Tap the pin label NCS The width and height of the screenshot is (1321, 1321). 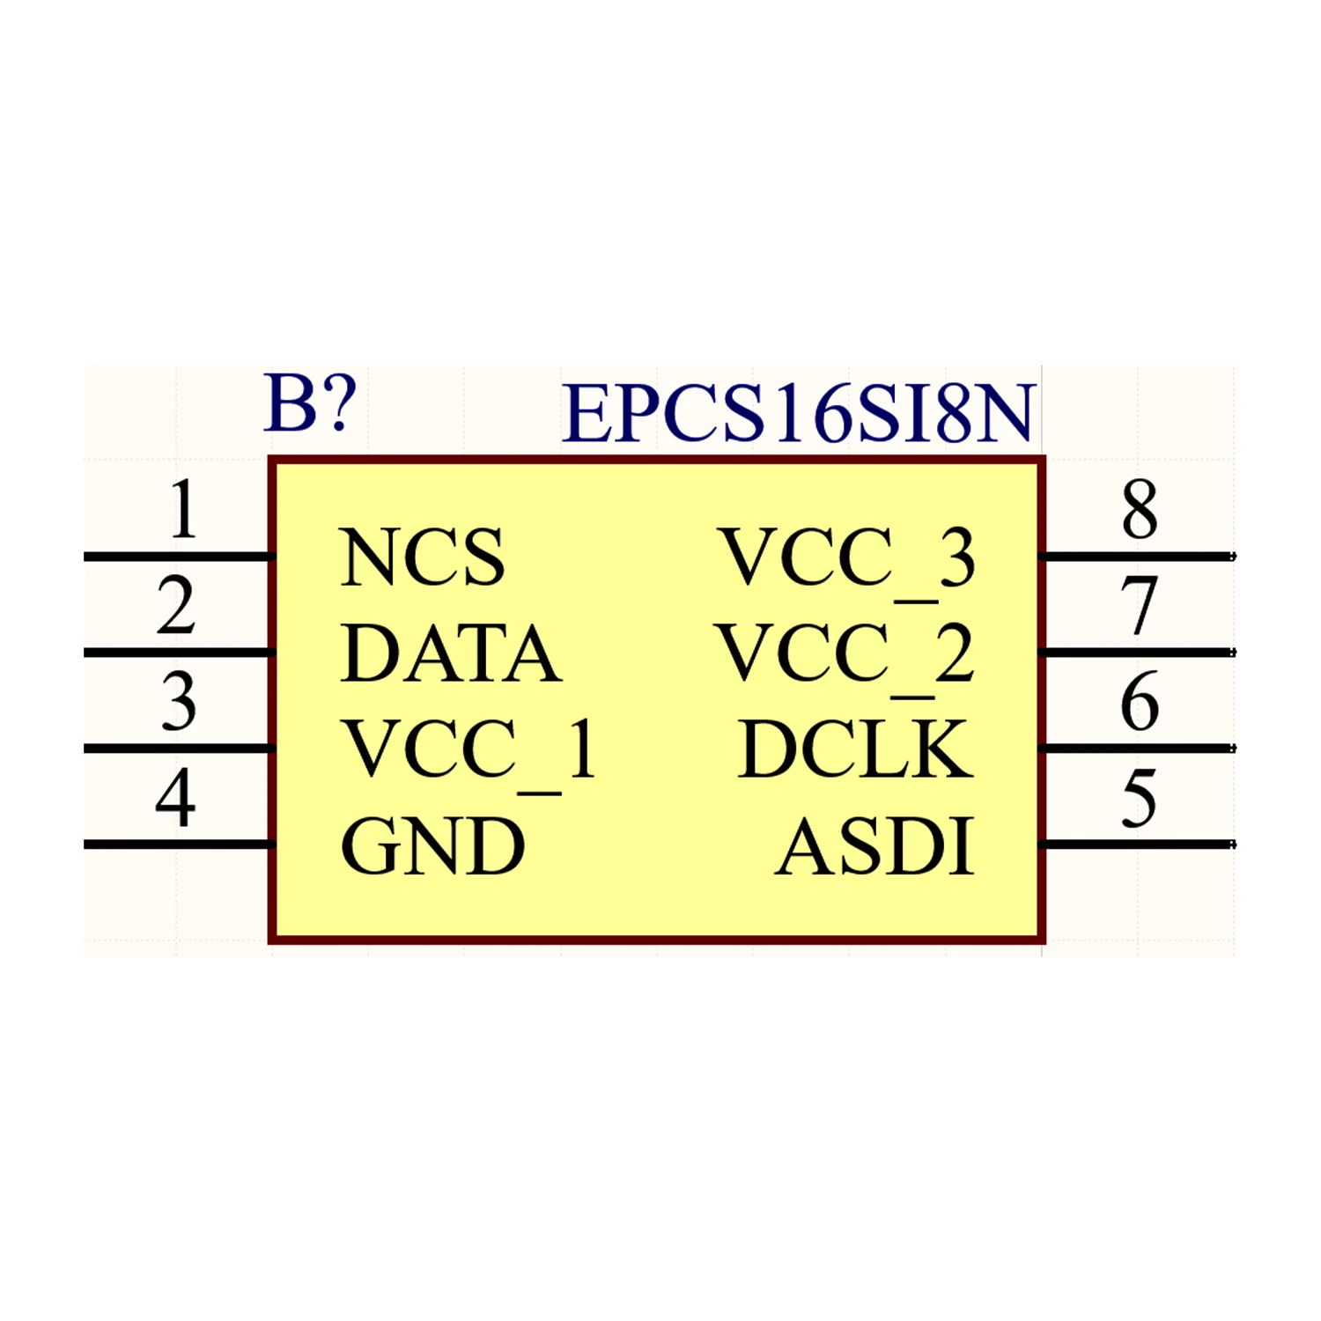tap(422, 557)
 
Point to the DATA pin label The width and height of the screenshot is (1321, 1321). tap(450, 653)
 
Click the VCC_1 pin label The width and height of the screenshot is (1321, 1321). tap(470, 750)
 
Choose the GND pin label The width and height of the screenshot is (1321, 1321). tap(432, 846)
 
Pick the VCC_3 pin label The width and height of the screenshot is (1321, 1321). tap(847, 558)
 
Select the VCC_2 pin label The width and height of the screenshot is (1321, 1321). tap(845, 654)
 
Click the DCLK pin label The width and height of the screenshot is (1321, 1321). tap(856, 749)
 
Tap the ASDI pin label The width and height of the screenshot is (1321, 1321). tap(875, 846)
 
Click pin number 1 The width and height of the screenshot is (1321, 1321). tap(182, 509)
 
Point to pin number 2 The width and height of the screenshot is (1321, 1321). tap(176, 606)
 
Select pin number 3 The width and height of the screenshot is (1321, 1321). tap(179, 702)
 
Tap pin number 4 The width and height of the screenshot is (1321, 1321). tap(175, 798)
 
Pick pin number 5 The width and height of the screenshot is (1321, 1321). tap(1139, 798)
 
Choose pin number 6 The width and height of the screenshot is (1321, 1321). tap(1140, 702)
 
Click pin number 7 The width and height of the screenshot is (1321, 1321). tap(1139, 606)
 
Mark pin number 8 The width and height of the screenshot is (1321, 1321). tap(1140, 509)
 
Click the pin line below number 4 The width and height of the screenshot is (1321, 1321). tap(176, 845)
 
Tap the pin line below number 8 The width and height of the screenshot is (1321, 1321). tap(1138, 557)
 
